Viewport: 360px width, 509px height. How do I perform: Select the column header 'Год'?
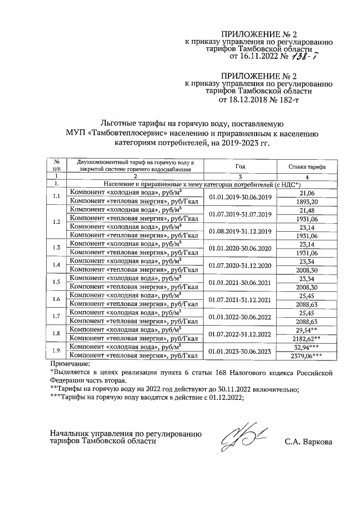pos(240,167)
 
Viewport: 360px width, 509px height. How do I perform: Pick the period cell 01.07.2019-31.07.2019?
pos(240,214)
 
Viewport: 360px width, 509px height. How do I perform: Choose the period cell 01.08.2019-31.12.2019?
pos(240,231)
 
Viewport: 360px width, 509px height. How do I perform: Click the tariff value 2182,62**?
pos(307,339)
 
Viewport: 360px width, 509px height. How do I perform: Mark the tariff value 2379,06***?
pos(307,355)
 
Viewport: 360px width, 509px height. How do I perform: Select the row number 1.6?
pos(56,299)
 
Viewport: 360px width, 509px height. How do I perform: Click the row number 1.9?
pos(56,352)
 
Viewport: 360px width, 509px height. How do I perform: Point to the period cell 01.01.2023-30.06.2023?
pos(240,352)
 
